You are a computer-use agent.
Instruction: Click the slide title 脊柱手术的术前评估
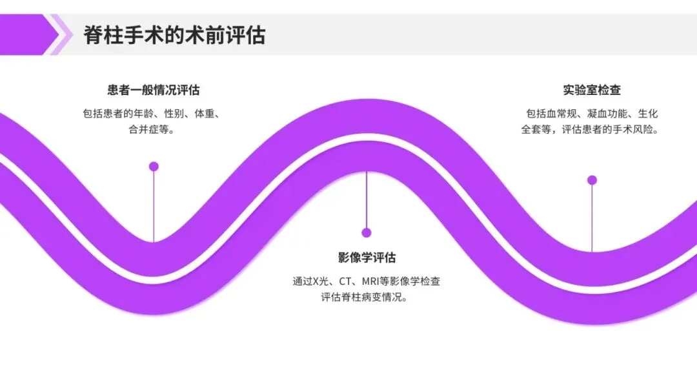point(174,35)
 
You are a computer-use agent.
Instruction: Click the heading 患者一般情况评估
point(153,90)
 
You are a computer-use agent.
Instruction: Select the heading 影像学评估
point(367,257)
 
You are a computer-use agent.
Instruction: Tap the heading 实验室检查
point(591,90)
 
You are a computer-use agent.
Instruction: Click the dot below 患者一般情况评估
point(154,167)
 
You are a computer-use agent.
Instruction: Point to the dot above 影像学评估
point(367,233)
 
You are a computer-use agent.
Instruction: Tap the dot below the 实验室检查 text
point(592,180)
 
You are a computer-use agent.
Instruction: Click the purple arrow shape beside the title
point(29,35)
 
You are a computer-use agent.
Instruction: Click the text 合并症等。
point(153,129)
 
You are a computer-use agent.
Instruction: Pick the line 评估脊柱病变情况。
point(367,298)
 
